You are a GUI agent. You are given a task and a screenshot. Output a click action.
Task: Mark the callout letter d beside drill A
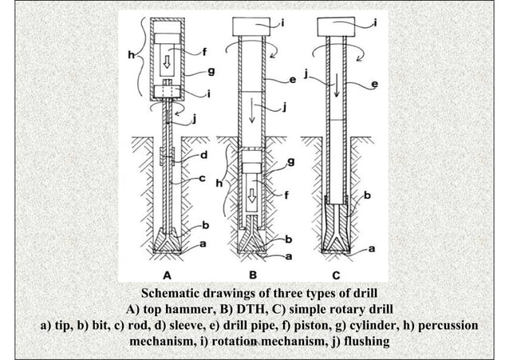click(204, 154)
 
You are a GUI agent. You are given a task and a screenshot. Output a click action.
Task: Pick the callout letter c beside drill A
click(204, 178)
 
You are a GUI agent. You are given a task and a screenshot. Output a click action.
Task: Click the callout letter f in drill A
click(204, 53)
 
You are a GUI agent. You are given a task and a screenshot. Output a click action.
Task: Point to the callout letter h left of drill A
click(131, 55)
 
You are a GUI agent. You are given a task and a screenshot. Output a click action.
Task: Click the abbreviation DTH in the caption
click(228, 309)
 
